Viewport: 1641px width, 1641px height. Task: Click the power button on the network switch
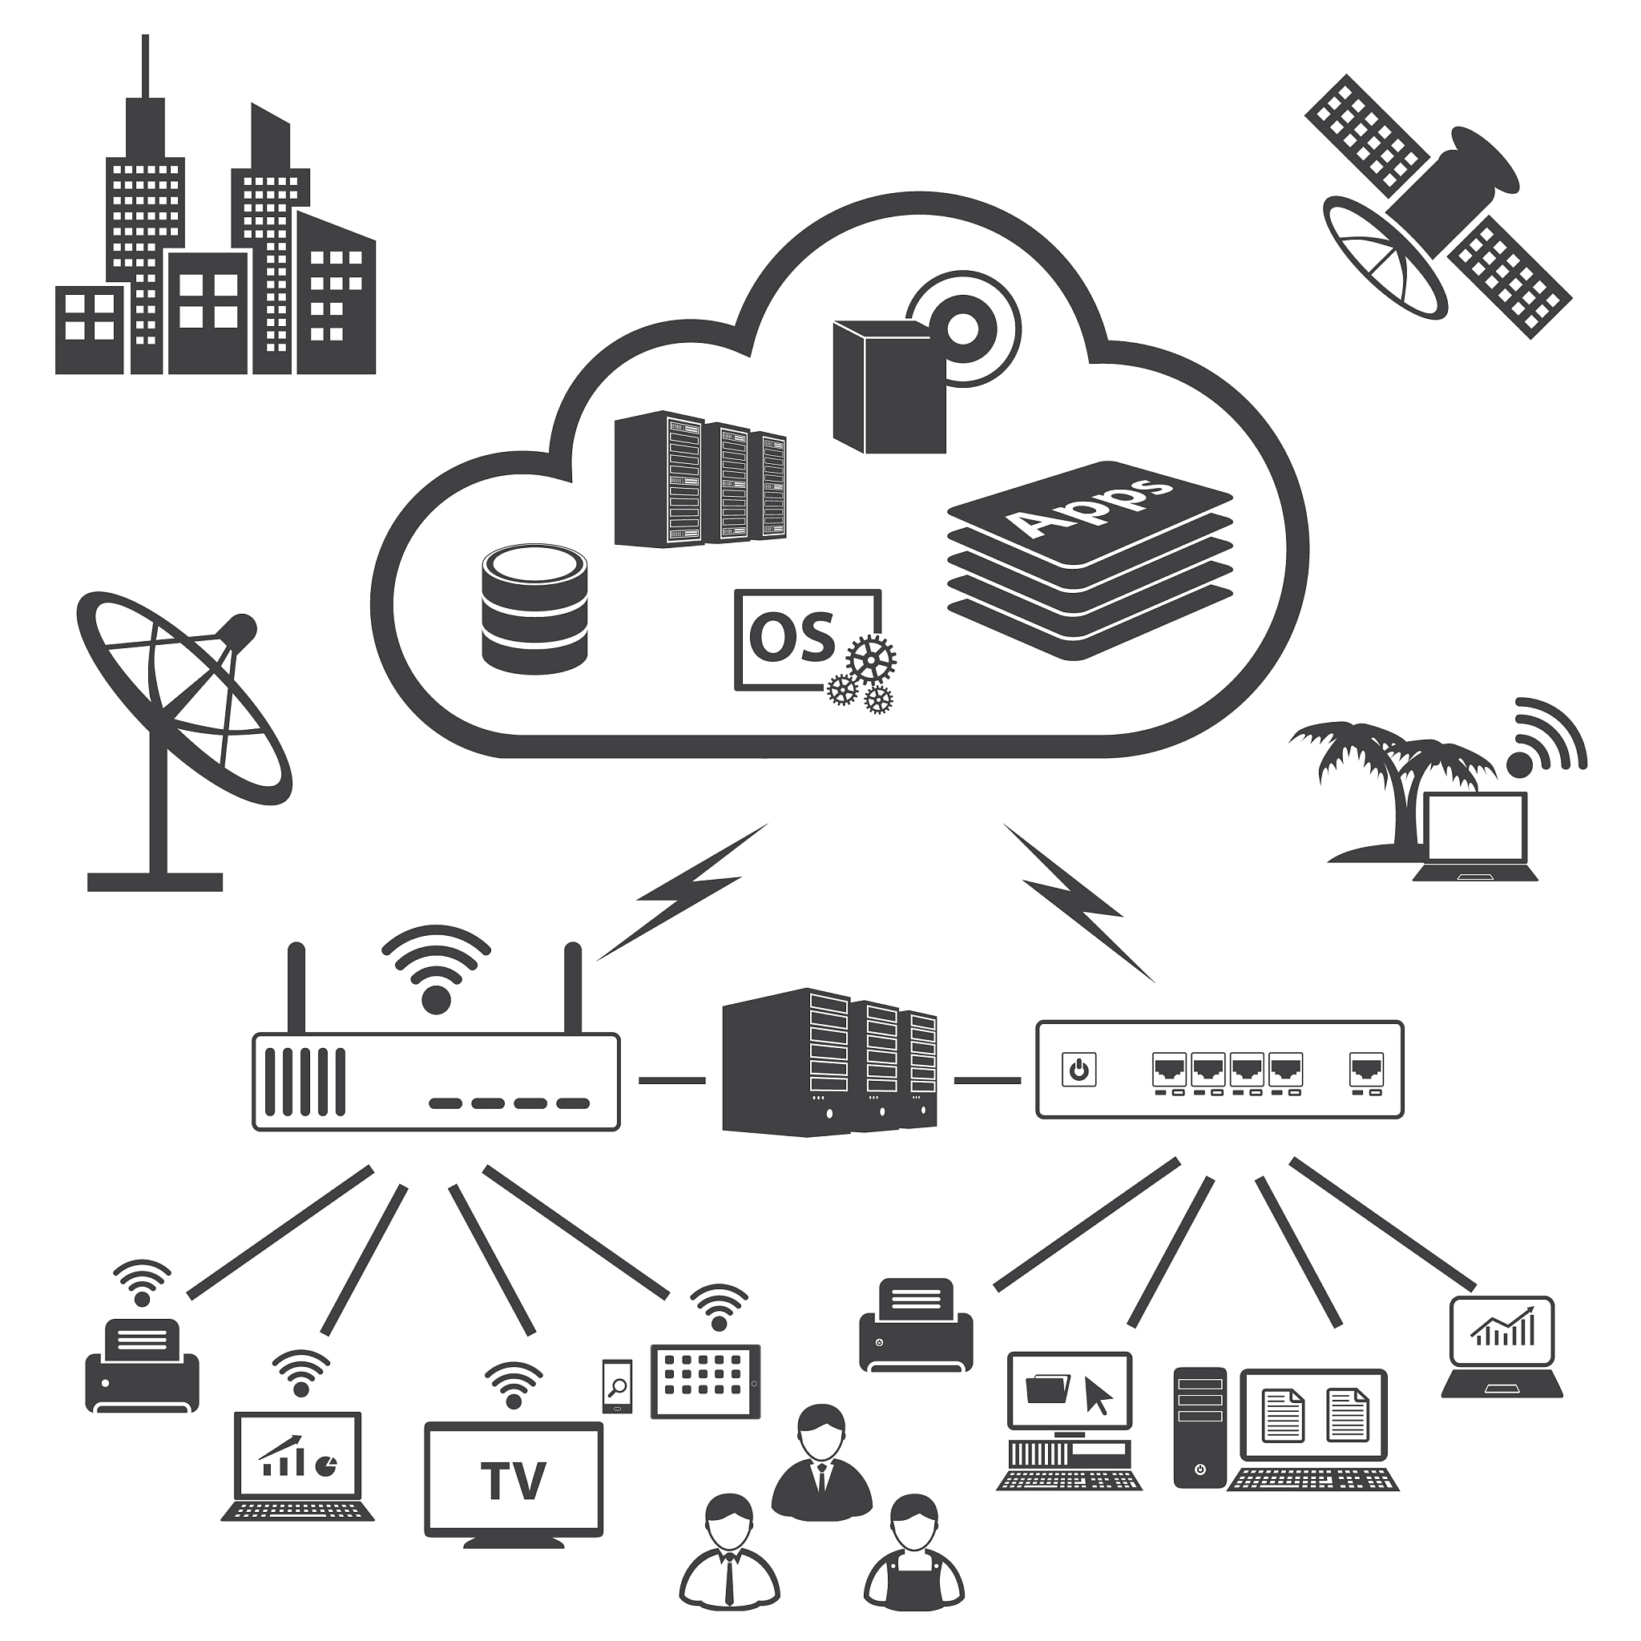click(x=1079, y=1070)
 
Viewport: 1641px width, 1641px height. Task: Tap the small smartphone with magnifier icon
click(x=617, y=1388)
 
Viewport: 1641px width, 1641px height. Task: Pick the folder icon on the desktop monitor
click(x=1046, y=1389)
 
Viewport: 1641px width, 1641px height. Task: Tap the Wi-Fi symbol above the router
click(x=436, y=970)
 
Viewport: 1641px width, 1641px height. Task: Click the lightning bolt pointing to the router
click(x=683, y=892)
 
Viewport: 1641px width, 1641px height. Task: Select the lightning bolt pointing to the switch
click(x=1077, y=902)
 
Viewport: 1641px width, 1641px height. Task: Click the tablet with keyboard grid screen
click(x=705, y=1382)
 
